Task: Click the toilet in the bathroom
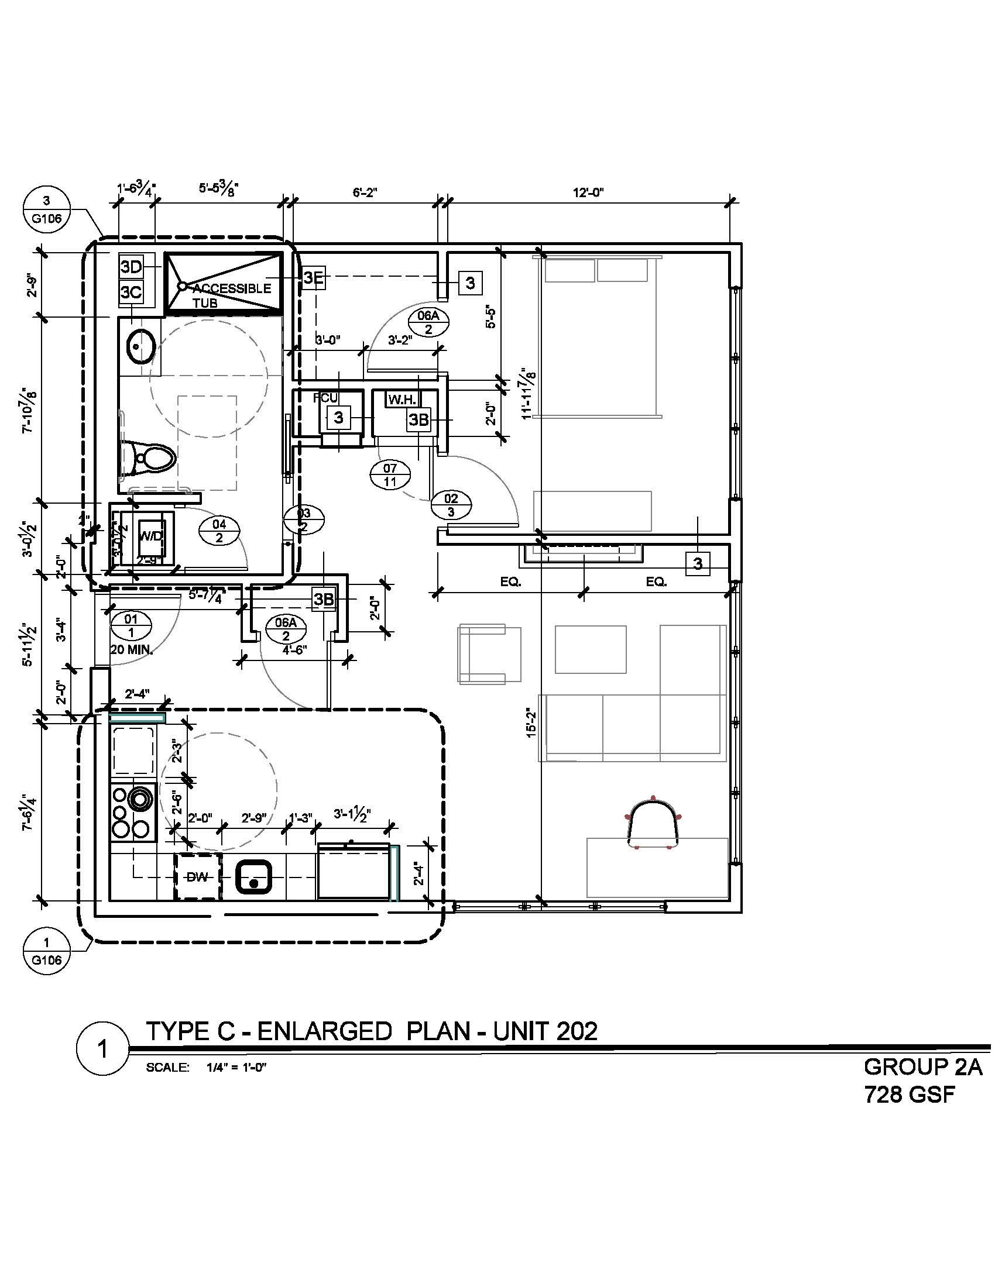pos(152,457)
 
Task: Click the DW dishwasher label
pos(197,877)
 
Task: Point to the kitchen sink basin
pos(253,877)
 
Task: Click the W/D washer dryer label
pos(149,536)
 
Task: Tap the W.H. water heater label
pos(402,400)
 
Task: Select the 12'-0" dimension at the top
pos(588,192)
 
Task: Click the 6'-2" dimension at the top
pos(365,192)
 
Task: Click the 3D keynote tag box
pos(131,267)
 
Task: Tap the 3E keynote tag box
pos(314,277)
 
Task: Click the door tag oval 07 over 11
pos(390,475)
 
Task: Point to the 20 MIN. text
pos(132,651)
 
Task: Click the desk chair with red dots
pos(653,824)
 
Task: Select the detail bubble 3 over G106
pos(47,211)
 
